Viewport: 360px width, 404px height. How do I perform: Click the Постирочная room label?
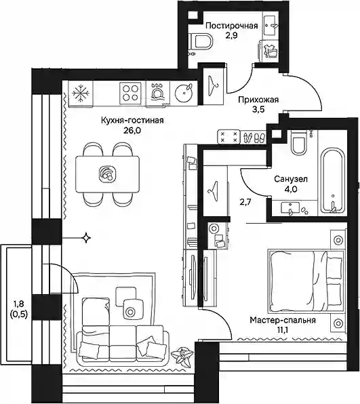coord(232,26)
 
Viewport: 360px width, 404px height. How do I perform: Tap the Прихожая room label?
coord(258,100)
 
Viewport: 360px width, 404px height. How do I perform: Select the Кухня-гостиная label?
coord(132,120)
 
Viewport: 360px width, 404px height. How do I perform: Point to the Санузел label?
coord(291,178)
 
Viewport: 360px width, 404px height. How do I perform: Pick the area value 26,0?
coord(132,131)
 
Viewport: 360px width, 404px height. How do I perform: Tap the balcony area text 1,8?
coord(18,304)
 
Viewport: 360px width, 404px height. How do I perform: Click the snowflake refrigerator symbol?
coord(81,93)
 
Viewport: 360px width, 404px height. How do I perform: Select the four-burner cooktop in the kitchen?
coord(130,93)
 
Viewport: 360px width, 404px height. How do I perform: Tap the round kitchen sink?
coord(184,92)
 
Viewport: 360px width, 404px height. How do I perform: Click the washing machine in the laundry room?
coord(268,51)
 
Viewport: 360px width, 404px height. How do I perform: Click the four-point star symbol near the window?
coord(86,237)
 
